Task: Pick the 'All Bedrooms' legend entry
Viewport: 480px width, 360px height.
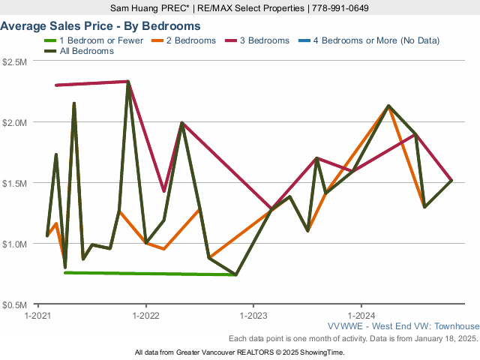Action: point(87,51)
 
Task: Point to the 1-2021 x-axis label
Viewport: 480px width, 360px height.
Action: point(37,315)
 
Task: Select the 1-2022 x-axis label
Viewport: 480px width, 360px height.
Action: point(145,315)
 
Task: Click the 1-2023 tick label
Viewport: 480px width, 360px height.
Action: point(253,315)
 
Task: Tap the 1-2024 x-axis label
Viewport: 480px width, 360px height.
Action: point(361,315)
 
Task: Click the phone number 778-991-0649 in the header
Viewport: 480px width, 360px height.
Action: point(340,8)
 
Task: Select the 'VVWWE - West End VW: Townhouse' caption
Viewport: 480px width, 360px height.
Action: point(403,326)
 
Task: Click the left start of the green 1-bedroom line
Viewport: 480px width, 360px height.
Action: point(65,272)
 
